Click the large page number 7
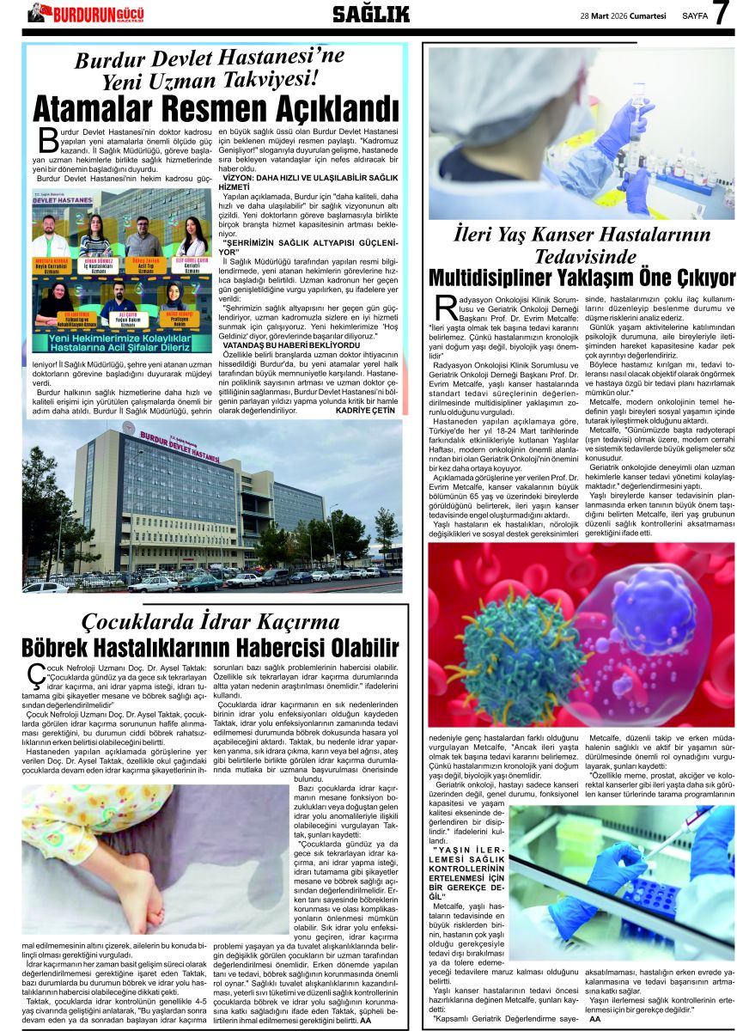[722, 14]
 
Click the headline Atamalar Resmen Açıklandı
[204, 110]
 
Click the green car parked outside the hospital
[200, 583]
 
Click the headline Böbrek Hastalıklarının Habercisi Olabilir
[210, 648]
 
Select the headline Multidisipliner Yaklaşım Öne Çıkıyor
[582, 278]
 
